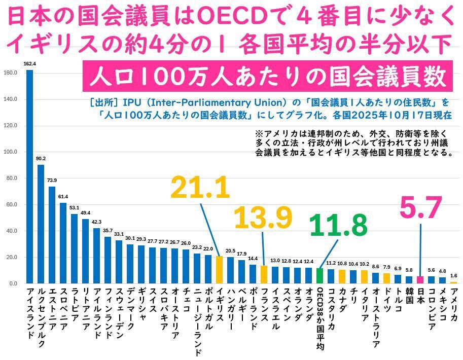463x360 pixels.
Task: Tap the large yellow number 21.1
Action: click(x=200, y=188)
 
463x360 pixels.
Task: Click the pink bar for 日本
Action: click(x=420, y=279)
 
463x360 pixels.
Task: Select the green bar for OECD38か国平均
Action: click(x=319, y=275)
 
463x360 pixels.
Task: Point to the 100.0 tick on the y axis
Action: click(x=11, y=152)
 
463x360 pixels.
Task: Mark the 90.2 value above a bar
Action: click(x=41, y=159)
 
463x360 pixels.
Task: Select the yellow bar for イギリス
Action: click(x=219, y=270)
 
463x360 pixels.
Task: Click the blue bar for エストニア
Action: click(x=52, y=235)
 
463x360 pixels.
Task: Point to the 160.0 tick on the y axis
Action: click(x=11, y=73)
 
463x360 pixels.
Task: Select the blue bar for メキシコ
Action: click(x=443, y=280)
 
